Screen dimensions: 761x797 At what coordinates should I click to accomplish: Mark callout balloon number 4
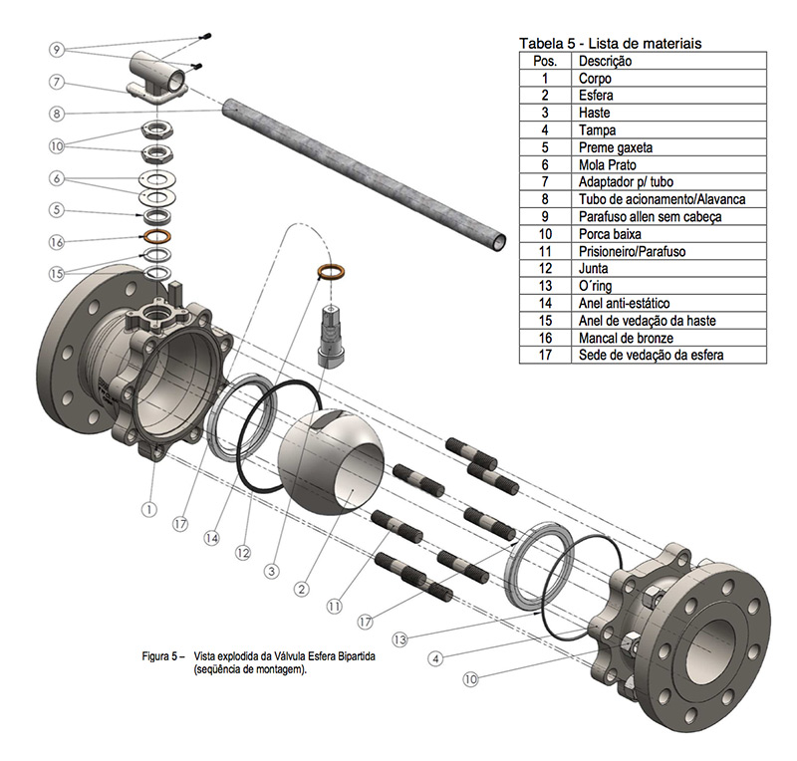point(435,658)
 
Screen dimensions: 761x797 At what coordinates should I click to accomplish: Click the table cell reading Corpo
point(595,78)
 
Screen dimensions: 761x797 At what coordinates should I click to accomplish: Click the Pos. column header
point(545,61)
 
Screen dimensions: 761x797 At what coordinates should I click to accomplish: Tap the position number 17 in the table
point(545,355)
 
